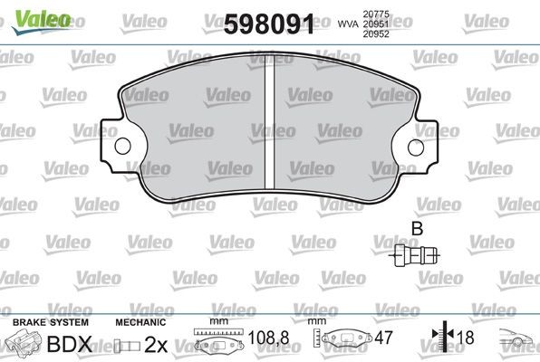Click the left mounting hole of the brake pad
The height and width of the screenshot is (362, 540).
(120, 146)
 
